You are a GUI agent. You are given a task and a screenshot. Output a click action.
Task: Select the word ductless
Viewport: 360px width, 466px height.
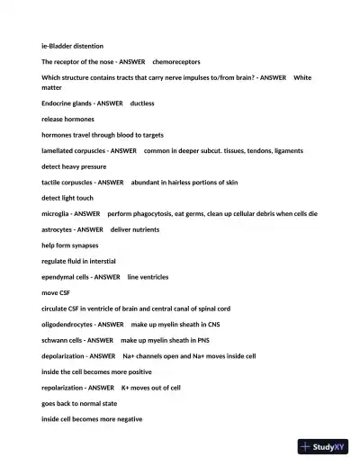142,103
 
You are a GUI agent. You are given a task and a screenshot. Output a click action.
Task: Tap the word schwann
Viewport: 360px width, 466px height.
54,340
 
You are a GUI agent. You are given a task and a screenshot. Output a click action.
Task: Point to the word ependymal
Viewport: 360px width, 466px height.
59,277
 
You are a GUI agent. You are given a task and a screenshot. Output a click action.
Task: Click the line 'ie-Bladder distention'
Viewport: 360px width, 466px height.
72,45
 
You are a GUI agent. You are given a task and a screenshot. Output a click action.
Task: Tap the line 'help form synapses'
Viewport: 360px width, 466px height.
70,246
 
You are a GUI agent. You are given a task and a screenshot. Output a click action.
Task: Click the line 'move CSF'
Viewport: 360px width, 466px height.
56,292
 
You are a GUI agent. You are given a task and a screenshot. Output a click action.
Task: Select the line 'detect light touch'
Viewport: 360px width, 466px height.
67,198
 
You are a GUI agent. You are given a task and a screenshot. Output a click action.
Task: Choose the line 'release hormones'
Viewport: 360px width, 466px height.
67,120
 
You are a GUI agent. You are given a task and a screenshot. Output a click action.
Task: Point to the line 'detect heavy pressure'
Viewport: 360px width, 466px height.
74,166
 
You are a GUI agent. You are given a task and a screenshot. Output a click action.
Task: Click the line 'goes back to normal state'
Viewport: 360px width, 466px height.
79,403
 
